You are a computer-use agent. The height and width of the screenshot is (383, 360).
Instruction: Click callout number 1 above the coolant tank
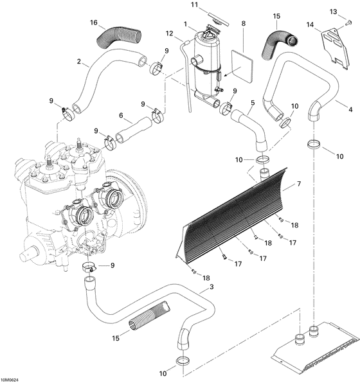click(x=186, y=24)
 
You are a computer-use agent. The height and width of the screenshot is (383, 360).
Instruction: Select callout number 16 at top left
click(x=94, y=22)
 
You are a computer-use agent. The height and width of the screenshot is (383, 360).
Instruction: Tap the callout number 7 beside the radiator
click(x=298, y=184)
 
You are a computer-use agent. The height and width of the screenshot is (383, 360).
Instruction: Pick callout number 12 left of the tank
click(x=170, y=33)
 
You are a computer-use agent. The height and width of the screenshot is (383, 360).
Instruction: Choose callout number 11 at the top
click(x=194, y=4)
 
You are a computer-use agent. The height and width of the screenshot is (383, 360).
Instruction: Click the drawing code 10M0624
click(x=14, y=379)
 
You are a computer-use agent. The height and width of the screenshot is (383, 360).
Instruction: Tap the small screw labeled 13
click(x=349, y=22)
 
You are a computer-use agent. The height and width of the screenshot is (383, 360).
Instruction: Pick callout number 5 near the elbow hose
click(x=253, y=103)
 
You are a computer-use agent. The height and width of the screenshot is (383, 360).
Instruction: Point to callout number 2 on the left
click(x=78, y=62)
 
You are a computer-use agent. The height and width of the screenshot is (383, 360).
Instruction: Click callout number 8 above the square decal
click(x=244, y=24)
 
